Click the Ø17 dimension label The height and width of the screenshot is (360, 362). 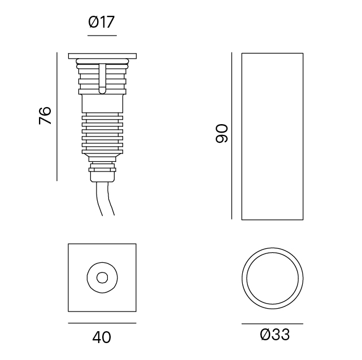click(101, 22)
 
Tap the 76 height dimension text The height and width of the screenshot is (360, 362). click(45, 116)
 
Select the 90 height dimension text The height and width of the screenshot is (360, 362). click(221, 133)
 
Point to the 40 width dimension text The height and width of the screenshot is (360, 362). click(102, 337)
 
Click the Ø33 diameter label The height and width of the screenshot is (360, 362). click(274, 335)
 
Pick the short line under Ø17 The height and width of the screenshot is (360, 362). click(102, 36)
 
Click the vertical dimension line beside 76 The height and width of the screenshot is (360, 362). click(57, 117)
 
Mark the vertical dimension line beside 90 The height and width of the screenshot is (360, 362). click(232, 136)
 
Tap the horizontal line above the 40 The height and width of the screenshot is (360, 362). click(102, 323)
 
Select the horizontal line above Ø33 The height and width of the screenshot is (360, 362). click(272, 323)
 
